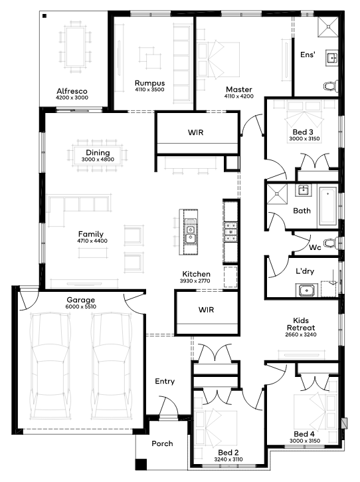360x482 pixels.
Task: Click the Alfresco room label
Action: point(72,90)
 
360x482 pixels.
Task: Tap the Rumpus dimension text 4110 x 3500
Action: point(149,90)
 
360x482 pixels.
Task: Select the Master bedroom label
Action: point(238,89)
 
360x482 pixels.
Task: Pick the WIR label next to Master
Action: point(196,132)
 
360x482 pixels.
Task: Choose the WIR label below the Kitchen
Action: point(206,310)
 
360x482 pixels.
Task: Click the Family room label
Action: point(91,234)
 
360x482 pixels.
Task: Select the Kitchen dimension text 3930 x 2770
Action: point(197,281)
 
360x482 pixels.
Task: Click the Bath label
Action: point(302,211)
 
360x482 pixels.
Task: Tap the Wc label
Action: point(315,247)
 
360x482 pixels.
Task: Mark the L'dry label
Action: point(306,271)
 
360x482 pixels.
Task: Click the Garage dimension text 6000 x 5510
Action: point(80,307)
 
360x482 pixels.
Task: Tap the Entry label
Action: point(165,381)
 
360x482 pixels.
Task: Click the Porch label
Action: point(162,443)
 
